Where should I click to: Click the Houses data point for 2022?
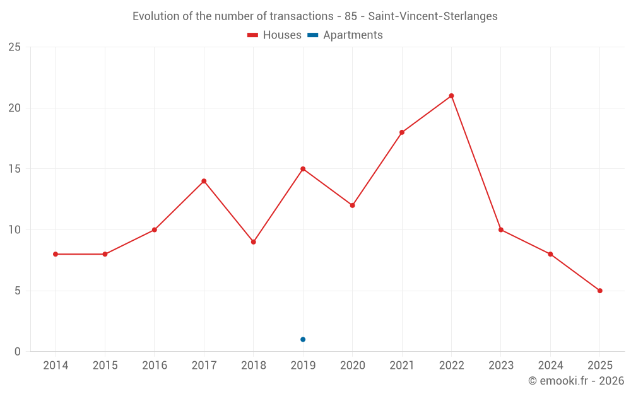point(451,96)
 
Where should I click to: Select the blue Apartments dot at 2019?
point(303,339)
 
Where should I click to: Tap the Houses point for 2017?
point(204,181)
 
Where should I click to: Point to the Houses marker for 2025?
point(599,291)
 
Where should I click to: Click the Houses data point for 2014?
point(56,254)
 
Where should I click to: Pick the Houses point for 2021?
point(402,132)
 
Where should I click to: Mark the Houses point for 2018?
point(254,242)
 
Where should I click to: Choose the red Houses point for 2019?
point(303,169)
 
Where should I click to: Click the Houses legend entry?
point(274,35)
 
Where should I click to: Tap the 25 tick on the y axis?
point(15,47)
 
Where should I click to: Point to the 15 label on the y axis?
point(15,169)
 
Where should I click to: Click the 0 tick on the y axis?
point(18,352)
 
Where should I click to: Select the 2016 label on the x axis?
point(155,366)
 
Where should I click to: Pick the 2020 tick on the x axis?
point(352,366)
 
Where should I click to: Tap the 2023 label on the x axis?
point(501,366)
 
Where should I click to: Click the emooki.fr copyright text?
point(575,381)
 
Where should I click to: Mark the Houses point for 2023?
point(501,229)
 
